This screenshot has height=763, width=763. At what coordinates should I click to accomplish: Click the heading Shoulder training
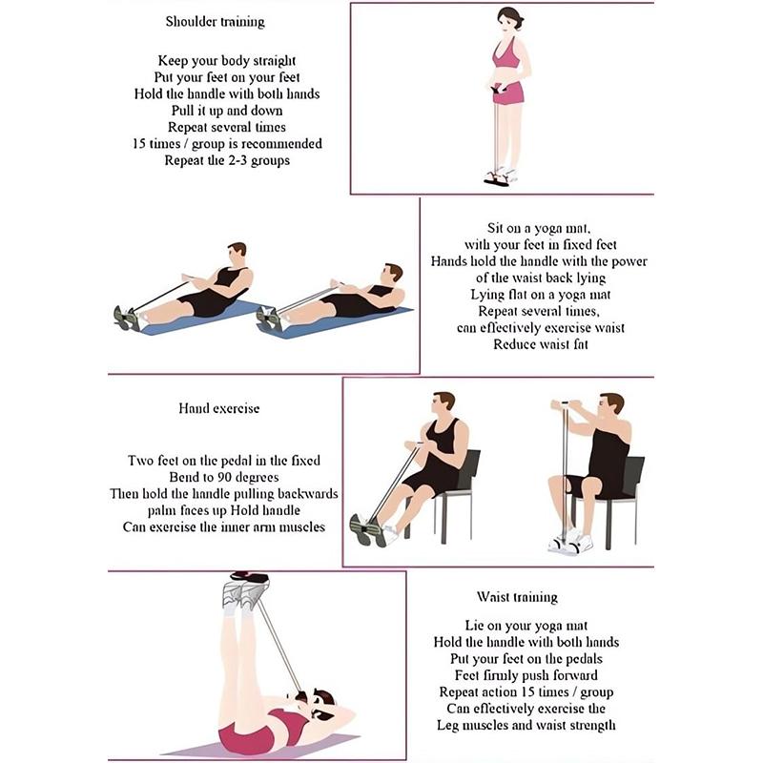pyautogui.click(x=215, y=21)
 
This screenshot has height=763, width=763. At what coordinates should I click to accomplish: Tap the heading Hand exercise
pyautogui.click(x=218, y=408)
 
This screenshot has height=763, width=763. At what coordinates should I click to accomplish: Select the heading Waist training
pyautogui.click(x=517, y=597)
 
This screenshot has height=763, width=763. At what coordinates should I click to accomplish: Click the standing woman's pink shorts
pyautogui.click(x=508, y=92)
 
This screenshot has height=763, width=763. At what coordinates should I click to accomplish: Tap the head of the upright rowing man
pyautogui.click(x=237, y=254)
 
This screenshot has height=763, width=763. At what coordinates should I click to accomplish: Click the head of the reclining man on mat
pyautogui.click(x=392, y=274)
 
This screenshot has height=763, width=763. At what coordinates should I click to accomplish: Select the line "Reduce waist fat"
pyautogui.click(x=541, y=344)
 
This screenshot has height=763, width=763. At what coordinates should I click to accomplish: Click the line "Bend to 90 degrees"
pyautogui.click(x=223, y=477)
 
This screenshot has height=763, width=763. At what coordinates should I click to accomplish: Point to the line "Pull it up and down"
pyautogui.click(x=226, y=111)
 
